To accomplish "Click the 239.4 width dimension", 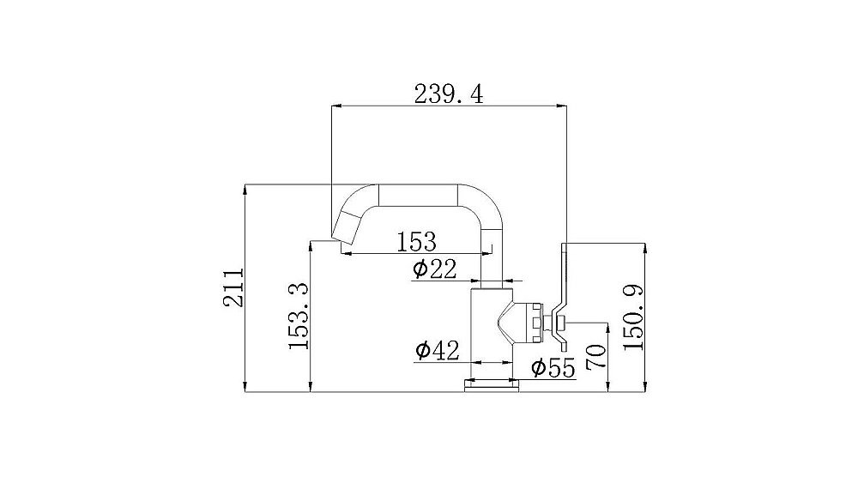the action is click(x=449, y=94).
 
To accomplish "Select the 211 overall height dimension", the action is click(x=233, y=287).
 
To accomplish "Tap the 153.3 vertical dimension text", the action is click(x=299, y=317).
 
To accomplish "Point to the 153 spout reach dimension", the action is click(x=416, y=242).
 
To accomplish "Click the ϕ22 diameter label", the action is click(x=434, y=269).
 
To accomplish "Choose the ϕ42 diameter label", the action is click(x=438, y=350).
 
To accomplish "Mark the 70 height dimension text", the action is click(x=596, y=357).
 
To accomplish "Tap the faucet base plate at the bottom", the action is click(x=492, y=386).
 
